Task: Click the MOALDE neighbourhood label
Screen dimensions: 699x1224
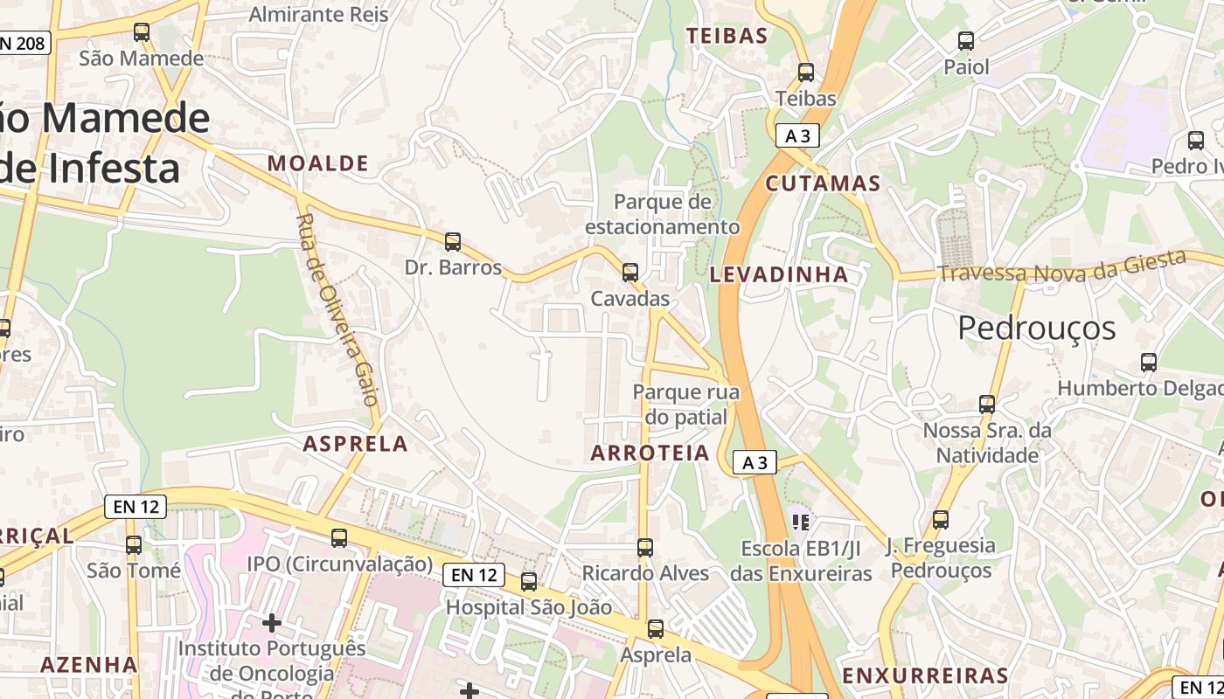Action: pos(317,163)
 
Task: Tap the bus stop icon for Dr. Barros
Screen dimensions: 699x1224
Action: pos(453,242)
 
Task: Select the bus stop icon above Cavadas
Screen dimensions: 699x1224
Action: pos(629,272)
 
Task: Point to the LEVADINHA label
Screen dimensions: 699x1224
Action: pos(779,274)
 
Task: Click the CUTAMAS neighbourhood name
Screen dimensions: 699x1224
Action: pos(823,183)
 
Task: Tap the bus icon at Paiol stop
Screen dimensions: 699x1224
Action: pos(966,41)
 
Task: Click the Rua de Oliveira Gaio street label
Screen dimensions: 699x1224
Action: pos(337,310)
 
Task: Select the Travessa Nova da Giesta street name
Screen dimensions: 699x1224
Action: pos(1061,266)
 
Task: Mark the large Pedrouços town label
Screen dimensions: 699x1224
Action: pos(1037,328)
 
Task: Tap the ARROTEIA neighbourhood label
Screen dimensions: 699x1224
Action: pos(650,453)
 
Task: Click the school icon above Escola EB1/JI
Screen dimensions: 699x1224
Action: pos(800,523)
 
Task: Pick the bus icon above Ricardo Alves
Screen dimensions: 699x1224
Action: pos(645,548)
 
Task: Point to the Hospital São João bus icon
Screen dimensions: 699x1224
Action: pos(529,582)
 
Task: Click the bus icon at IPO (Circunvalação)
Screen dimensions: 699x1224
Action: pos(339,538)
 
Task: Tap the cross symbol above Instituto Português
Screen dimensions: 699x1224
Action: pos(272,623)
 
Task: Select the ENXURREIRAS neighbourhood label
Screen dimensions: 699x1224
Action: pos(925,675)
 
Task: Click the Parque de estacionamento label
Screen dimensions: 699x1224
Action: pos(662,214)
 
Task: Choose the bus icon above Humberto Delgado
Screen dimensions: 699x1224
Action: pos(1149,362)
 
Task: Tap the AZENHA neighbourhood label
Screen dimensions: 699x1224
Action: pos(89,664)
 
